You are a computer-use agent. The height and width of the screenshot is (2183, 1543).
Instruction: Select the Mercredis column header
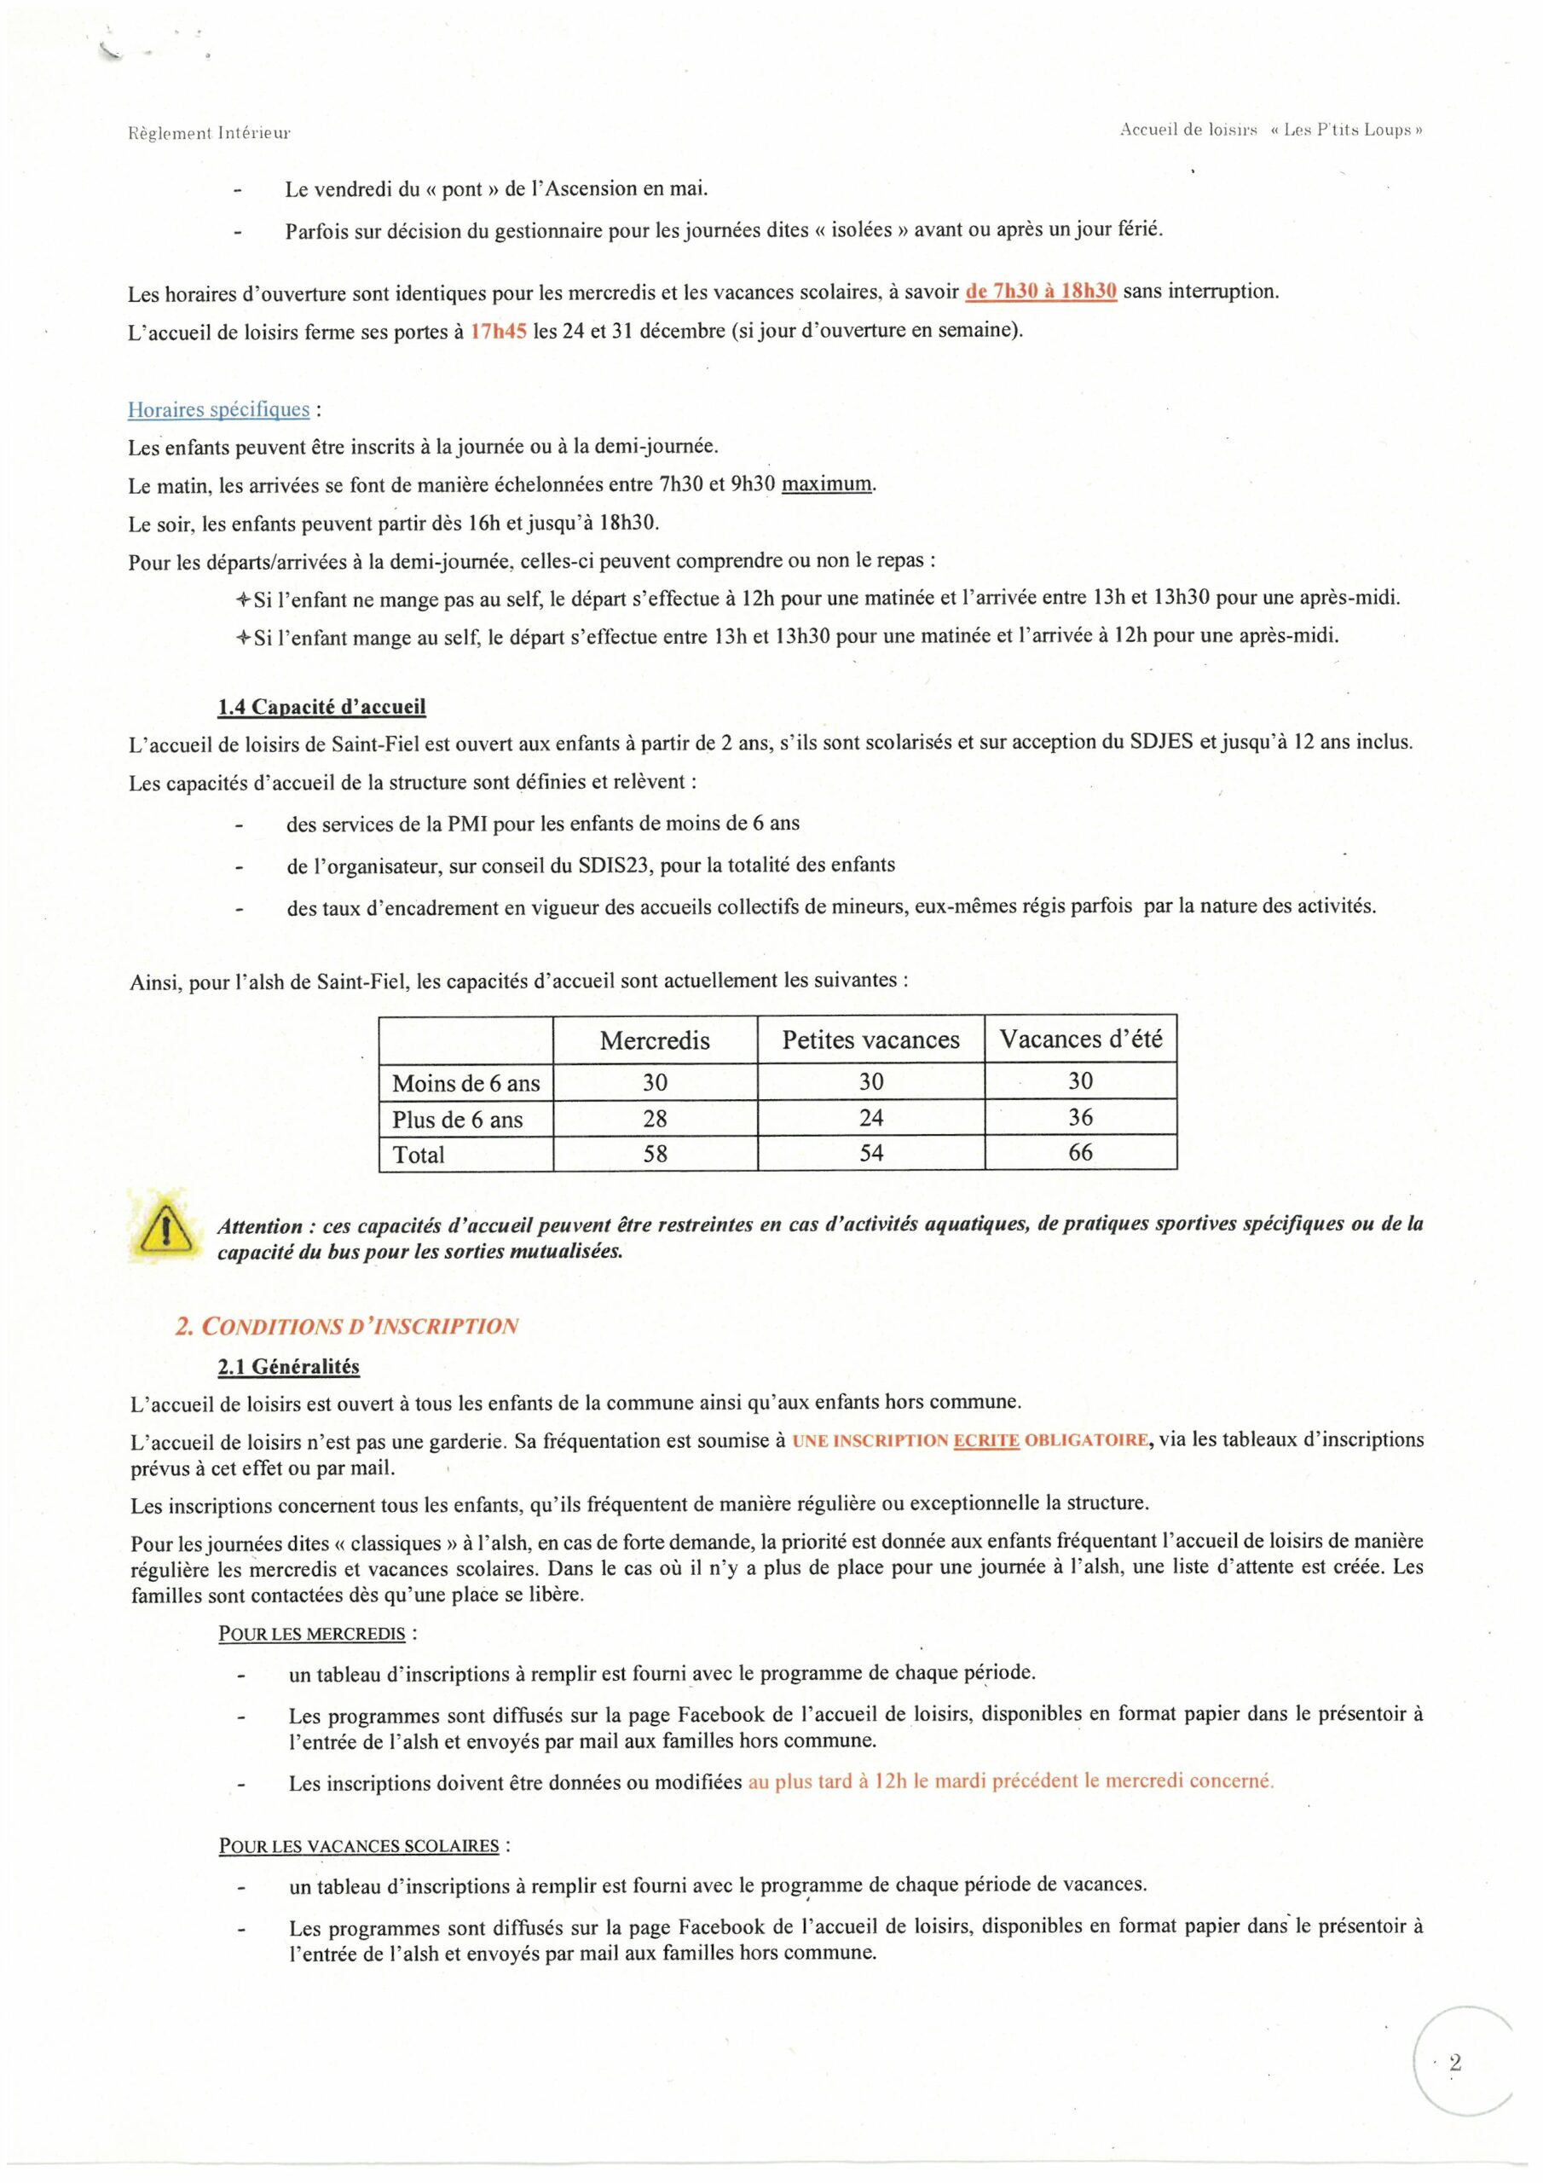coord(654,1040)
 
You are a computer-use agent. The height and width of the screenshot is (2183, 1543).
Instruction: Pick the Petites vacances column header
coord(871,1040)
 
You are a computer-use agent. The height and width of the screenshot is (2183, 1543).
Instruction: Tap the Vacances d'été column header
coord(1080,1039)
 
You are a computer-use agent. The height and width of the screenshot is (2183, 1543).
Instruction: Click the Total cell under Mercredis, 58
coord(654,1155)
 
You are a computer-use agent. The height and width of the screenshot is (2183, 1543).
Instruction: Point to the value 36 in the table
coord(1080,1117)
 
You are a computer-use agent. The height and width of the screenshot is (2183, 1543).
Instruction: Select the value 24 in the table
coord(871,1118)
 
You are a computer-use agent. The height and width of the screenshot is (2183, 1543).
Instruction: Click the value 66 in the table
coord(1080,1153)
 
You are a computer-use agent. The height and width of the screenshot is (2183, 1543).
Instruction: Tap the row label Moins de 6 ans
coord(465,1083)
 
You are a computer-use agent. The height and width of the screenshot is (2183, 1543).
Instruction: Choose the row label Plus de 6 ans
coord(457,1119)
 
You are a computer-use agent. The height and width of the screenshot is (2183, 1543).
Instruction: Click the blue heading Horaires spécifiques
coord(219,410)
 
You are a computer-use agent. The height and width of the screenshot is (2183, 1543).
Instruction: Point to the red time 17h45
coord(498,332)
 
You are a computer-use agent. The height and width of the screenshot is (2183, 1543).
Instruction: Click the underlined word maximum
coord(826,484)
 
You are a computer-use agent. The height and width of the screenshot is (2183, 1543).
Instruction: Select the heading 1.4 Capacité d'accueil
coord(321,706)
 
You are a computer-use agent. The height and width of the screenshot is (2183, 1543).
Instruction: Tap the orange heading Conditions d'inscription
coord(347,1326)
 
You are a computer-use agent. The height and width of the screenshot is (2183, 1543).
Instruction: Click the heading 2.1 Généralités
coord(289,1366)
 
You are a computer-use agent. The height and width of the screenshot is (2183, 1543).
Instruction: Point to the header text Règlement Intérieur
coord(208,133)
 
